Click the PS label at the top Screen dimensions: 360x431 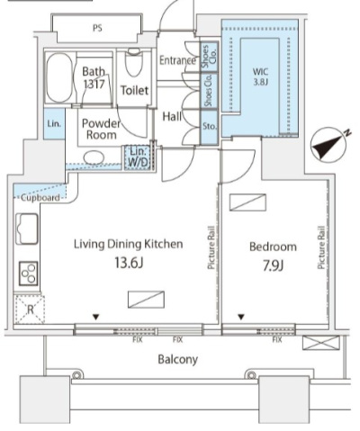click(97, 28)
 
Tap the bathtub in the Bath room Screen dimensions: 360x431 click(59, 78)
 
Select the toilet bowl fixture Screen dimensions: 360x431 click(134, 62)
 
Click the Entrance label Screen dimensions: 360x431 click(177, 60)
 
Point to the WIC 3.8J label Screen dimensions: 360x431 click(260, 76)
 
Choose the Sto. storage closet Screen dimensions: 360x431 click(209, 127)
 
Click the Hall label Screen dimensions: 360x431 click(172, 116)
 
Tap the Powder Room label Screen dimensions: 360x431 click(101, 129)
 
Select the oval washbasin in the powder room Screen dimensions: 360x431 click(94, 157)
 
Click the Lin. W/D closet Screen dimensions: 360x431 click(139, 157)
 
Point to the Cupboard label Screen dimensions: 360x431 click(40, 198)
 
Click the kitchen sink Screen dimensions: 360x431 click(27, 229)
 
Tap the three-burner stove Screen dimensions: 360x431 click(29, 274)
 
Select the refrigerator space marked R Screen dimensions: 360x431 click(30, 310)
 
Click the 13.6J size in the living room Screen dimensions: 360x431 click(129, 263)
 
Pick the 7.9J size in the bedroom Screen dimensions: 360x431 click(273, 265)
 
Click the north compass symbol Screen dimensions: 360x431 click(328, 146)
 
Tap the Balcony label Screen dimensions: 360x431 click(178, 359)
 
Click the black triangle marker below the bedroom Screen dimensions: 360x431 click(241, 317)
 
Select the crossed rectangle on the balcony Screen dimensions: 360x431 click(321, 343)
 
